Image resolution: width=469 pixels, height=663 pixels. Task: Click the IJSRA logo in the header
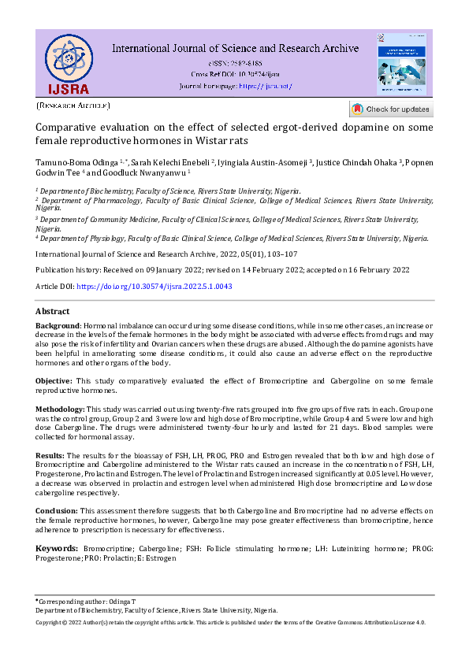67,64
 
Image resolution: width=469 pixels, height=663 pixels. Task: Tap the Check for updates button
391,109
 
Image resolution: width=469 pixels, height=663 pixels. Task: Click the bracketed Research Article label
73,106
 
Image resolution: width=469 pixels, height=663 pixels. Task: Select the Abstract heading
52,311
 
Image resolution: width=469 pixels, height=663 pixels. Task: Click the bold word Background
58,325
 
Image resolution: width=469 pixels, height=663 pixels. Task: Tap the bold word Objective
54,381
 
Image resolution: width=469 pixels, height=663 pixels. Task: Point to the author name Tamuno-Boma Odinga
69,163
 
